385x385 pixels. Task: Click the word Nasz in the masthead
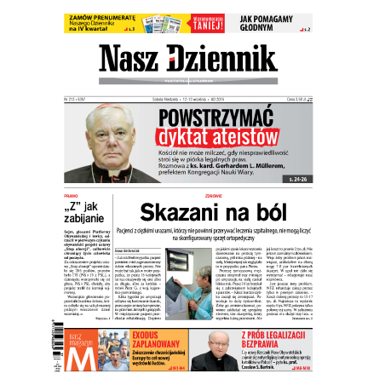tap(132, 58)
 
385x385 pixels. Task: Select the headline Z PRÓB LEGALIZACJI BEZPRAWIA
tap(273, 339)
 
